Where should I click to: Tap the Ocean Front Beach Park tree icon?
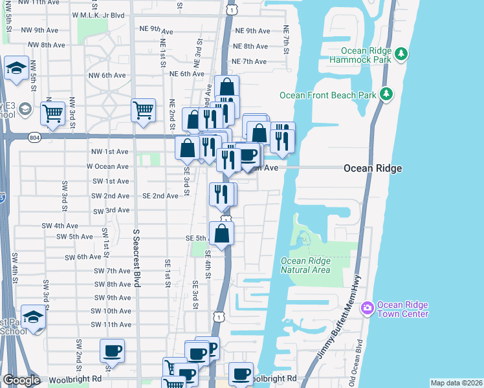(x=387, y=94)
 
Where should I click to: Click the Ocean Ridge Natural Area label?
(x=305, y=265)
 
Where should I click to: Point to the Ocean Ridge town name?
(x=373, y=168)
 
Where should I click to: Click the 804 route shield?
(x=34, y=136)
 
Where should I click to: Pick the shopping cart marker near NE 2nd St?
(x=143, y=110)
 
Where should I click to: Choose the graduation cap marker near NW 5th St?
(x=15, y=69)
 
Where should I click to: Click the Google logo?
(x=21, y=380)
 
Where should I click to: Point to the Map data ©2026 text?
(x=456, y=383)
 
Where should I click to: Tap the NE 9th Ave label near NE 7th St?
(x=252, y=30)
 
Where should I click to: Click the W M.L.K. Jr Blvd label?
(x=98, y=14)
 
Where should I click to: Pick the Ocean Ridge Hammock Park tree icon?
(x=401, y=54)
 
